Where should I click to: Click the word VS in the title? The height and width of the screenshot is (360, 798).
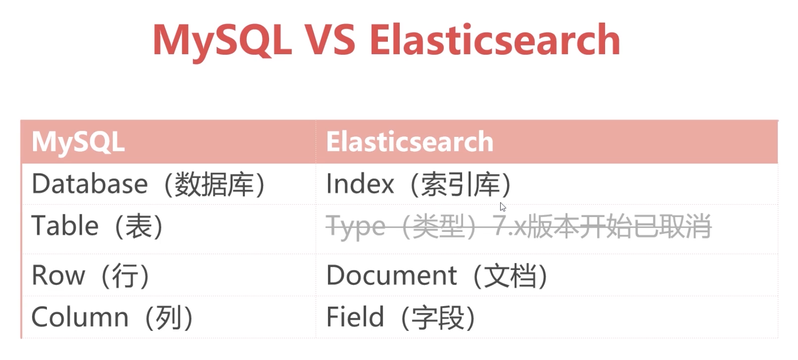pos(330,40)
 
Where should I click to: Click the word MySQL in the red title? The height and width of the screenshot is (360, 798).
pos(222,42)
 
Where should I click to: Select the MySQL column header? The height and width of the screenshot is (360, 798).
pos(78,141)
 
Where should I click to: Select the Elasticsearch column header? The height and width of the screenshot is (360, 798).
pos(410,141)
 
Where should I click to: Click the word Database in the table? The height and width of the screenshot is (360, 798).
pos(90,184)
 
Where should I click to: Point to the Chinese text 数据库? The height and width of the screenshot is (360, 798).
pos(214,184)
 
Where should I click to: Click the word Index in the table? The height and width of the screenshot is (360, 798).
pos(360,184)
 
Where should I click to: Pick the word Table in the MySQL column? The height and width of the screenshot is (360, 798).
pos(65,226)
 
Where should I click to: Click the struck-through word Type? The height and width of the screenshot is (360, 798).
pos(356,228)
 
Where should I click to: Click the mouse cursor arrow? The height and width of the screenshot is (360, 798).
pos(503,207)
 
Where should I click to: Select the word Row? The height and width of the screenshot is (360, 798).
pos(58,276)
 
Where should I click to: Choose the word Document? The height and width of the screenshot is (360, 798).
pos(392,275)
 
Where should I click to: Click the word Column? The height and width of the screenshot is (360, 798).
pos(80,317)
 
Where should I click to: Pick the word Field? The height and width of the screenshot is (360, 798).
pos(355,317)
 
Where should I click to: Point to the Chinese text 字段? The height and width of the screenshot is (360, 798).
pos(438,318)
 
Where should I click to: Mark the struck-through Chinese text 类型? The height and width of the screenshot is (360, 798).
pos(438,227)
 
